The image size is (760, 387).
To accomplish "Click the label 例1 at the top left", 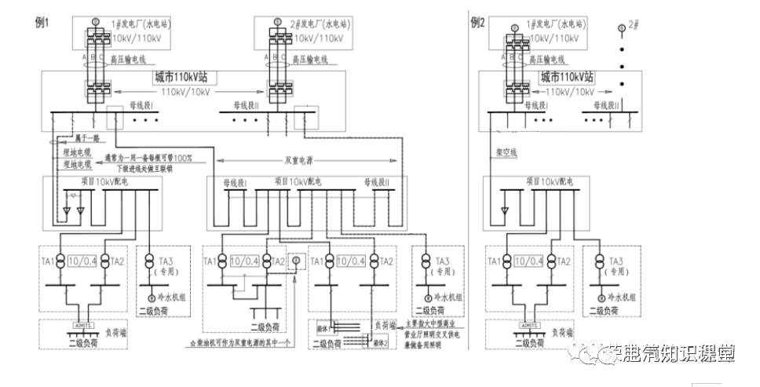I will (x=42, y=22).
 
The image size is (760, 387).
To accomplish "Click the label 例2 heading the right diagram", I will (x=478, y=22).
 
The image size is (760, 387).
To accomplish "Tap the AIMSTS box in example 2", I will (x=529, y=322).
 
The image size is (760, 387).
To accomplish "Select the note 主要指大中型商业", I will (x=436, y=323).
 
